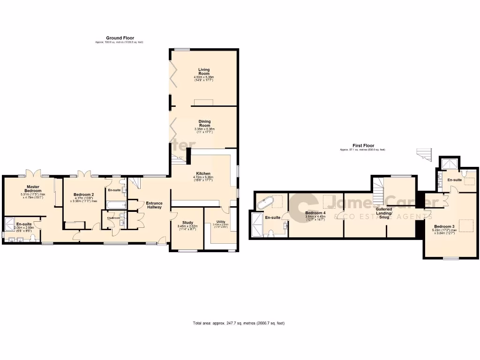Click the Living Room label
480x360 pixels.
coord(204,72)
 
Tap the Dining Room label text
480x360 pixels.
coord(204,124)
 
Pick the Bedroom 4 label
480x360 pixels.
coord(315,212)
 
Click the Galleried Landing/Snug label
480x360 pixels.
coord(384,213)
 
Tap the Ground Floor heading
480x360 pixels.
coord(120,38)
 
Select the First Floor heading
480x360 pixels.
coord(363,146)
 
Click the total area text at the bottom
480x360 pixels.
coord(239,323)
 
